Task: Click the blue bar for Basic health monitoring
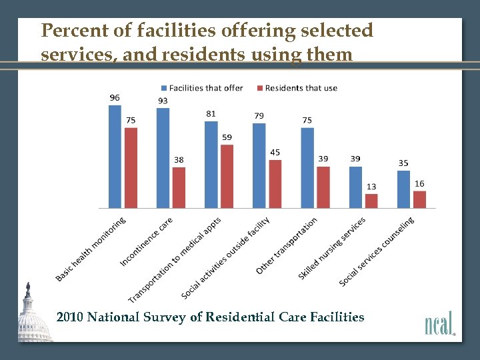click(115, 157)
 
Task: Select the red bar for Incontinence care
click(179, 187)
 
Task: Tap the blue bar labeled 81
click(211, 164)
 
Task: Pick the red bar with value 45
click(275, 184)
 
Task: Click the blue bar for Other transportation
click(307, 167)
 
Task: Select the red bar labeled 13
click(371, 201)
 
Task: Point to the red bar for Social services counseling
click(419, 199)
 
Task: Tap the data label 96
click(115, 97)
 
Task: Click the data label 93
click(163, 101)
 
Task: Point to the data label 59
click(227, 137)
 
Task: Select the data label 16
click(419, 183)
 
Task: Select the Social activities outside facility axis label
click(226, 257)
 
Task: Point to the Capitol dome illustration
click(31, 317)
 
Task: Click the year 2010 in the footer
click(70, 317)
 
